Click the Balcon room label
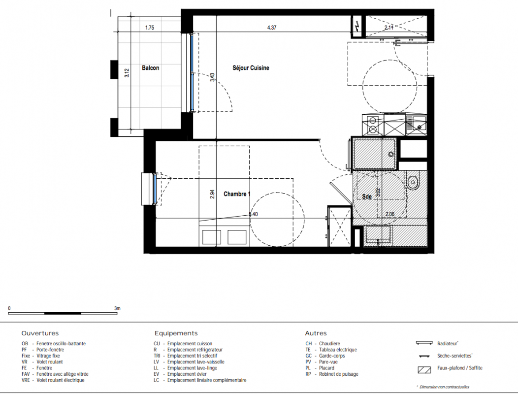point(150,68)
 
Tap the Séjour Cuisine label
point(251,68)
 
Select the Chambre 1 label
point(237,194)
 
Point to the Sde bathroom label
point(367,197)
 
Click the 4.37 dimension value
point(271,28)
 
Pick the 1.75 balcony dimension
point(150,28)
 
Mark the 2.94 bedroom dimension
point(212,194)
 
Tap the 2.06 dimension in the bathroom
point(390,214)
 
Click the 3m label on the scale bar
point(117,308)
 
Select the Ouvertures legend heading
point(40,333)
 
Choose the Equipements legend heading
point(176,333)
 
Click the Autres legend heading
point(316,333)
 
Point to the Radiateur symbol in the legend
point(424,343)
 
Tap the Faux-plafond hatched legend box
point(424,369)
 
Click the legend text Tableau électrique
point(338,350)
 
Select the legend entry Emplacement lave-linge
point(192,368)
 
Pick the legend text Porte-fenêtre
point(50,350)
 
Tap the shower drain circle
point(391,154)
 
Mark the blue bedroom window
point(154,189)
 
